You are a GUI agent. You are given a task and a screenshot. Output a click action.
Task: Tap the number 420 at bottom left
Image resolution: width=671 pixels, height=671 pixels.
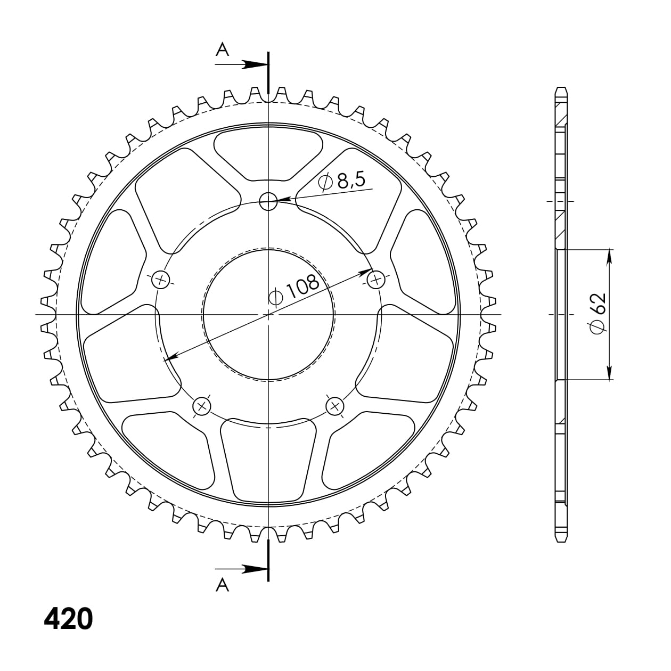pyautogui.click(x=68, y=619)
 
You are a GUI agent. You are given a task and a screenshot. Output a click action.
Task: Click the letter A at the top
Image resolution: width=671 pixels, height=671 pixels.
pyautogui.click(x=223, y=50)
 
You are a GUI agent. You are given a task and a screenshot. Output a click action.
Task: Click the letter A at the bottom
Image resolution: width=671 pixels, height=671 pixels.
pyautogui.click(x=223, y=586)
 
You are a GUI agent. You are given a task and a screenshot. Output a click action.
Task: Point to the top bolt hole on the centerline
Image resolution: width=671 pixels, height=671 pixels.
pyautogui.click(x=268, y=201)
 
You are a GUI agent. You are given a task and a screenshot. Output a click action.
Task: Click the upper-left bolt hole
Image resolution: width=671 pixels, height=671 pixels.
pyautogui.click(x=160, y=279)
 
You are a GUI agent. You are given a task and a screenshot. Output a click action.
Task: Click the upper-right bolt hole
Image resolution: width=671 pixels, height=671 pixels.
pyautogui.click(x=377, y=279)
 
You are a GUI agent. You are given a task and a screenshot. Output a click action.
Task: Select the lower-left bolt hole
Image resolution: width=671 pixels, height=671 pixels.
pyautogui.click(x=202, y=406)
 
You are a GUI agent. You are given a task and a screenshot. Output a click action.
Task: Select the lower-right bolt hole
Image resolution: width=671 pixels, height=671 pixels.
pyautogui.click(x=335, y=406)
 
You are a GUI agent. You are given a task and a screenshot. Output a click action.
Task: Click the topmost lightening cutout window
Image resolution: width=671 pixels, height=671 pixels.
pyautogui.click(x=268, y=153)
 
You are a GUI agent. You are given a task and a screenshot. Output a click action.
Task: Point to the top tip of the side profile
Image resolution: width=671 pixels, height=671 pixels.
pyautogui.click(x=560, y=88)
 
